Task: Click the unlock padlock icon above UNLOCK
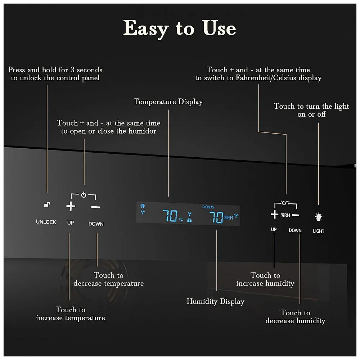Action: point(47,204)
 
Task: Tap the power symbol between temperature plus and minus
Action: point(84,195)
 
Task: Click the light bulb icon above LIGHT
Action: point(319,217)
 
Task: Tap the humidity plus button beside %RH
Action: point(275,215)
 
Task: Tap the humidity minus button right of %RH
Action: point(296,215)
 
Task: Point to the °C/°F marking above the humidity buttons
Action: point(285,203)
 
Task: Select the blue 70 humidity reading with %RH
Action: point(221,217)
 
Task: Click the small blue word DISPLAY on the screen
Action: point(208,207)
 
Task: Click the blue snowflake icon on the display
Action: point(143,206)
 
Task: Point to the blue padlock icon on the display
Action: point(189,220)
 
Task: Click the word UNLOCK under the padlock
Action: point(46,222)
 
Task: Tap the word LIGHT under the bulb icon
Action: point(319,231)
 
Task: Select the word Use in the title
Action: point(219,28)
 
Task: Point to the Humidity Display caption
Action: point(215,301)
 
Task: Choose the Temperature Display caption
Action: point(168,102)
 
